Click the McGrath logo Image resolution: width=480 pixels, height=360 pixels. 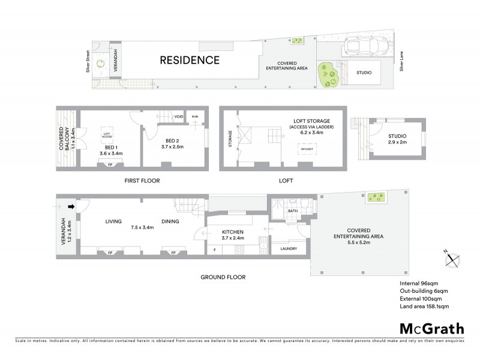[x=432, y=328]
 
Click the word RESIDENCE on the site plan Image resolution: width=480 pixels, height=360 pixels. [x=189, y=60]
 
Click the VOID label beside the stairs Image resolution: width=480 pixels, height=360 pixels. [x=178, y=116]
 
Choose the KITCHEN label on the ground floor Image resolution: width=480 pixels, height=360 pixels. [x=232, y=231]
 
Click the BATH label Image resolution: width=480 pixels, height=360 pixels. [x=292, y=211]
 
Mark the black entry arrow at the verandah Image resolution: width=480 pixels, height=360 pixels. [x=71, y=208]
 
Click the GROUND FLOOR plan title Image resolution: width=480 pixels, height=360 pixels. [x=223, y=277]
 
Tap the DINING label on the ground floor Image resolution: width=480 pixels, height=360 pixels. [x=170, y=221]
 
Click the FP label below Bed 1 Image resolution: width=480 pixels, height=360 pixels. [x=109, y=164]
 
